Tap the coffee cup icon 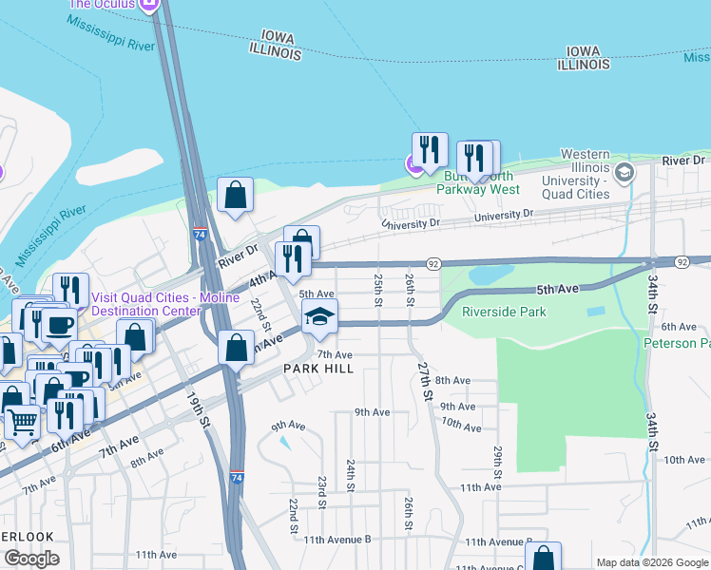[59, 325]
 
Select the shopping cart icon [23, 420]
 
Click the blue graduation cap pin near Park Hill [320, 317]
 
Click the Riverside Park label [504, 312]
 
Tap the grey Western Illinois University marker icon [625, 172]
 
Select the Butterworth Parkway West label [477, 182]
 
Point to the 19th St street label [198, 409]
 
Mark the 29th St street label [497, 458]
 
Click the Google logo [30, 559]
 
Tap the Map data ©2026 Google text [652, 562]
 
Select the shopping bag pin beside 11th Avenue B [543, 559]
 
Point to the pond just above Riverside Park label [487, 275]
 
